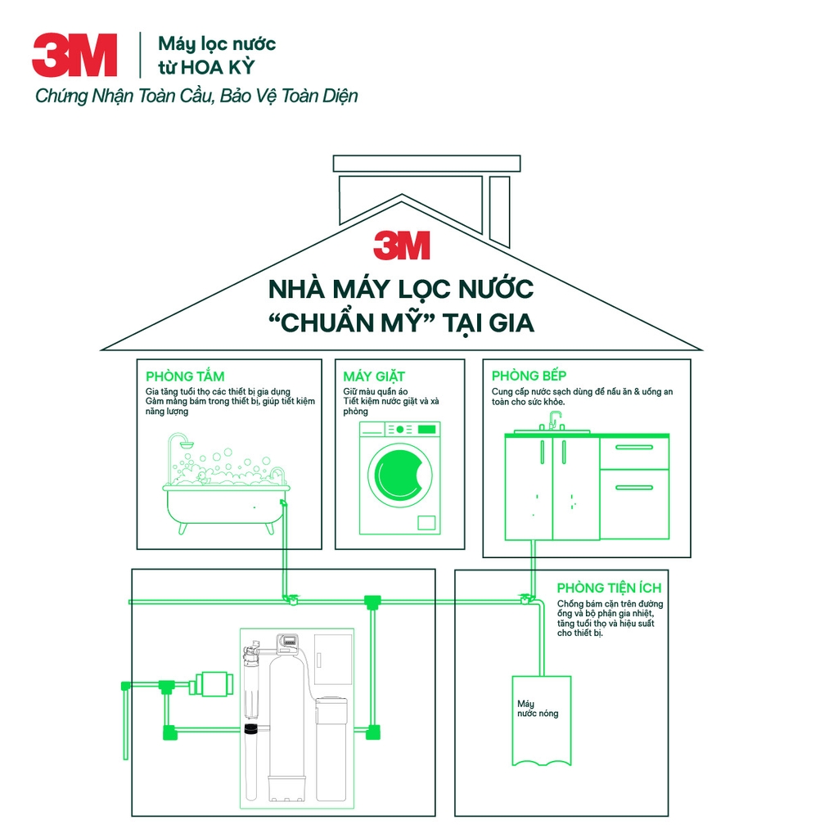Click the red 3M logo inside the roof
[x=401, y=246]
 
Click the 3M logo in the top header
[x=74, y=55]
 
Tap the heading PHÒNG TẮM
[x=185, y=376]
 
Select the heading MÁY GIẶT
[x=374, y=376]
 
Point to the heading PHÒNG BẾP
[x=529, y=376]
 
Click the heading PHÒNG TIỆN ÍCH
[x=609, y=588]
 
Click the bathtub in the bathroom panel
[x=226, y=503]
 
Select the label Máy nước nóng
[x=537, y=709]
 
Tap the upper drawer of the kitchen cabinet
[x=634, y=453]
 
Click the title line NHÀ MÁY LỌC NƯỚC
[x=401, y=289]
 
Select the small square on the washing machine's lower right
[x=427, y=522]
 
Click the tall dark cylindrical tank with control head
[x=289, y=720]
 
